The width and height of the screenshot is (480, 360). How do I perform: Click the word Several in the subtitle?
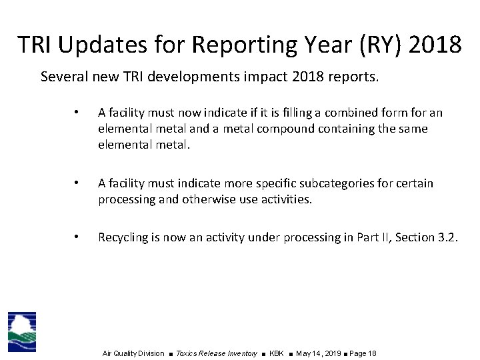click(x=63, y=77)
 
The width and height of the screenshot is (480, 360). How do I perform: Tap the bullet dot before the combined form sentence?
click(x=77, y=112)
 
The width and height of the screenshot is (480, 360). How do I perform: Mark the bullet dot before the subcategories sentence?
click(x=77, y=183)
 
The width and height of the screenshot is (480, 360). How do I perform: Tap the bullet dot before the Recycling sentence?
click(x=77, y=237)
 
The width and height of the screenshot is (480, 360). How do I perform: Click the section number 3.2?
click(x=447, y=237)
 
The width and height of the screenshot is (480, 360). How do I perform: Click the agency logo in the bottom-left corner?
click(x=22, y=331)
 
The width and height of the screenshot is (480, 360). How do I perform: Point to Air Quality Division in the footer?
click(x=133, y=353)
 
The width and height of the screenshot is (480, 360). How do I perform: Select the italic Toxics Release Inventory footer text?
click(x=217, y=353)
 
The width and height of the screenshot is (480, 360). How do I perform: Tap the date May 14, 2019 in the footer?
click(x=318, y=353)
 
